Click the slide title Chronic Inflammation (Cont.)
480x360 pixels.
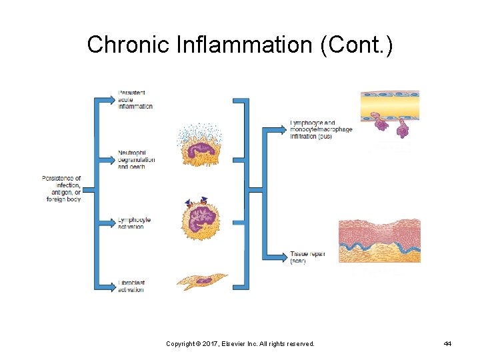(240, 45)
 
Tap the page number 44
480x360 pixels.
(447, 343)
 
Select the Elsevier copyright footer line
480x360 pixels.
(240, 343)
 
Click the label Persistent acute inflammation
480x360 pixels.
(135, 99)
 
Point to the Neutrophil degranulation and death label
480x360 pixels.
(136, 159)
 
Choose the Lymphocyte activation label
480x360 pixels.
(134, 223)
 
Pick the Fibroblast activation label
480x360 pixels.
(131, 287)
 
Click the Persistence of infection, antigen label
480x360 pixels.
(61, 189)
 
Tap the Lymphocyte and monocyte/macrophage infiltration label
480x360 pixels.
(321, 129)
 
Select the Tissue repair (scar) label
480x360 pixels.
(307, 257)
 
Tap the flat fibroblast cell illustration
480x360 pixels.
(201, 281)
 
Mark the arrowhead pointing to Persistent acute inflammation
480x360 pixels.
(111, 100)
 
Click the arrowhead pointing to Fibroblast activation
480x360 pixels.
(111, 287)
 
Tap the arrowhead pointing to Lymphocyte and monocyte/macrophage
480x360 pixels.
(283, 129)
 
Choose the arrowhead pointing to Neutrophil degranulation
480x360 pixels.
(111, 159)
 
